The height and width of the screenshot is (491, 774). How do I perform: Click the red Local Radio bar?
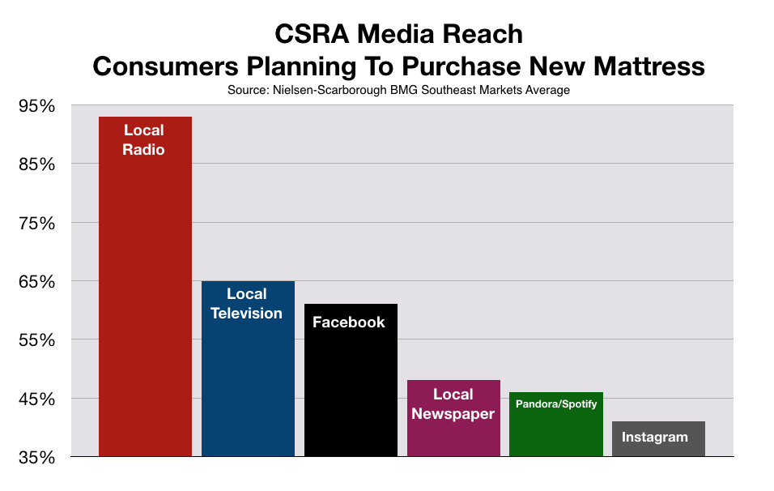click(x=145, y=287)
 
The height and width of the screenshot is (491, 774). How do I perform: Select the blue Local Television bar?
click(x=248, y=369)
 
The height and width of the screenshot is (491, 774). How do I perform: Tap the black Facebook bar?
click(x=351, y=380)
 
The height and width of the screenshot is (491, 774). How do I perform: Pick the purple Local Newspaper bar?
click(x=453, y=418)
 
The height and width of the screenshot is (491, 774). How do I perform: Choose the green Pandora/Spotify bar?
click(x=556, y=425)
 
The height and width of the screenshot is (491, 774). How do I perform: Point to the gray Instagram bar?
click(x=658, y=438)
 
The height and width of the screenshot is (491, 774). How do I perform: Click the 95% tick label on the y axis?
click(x=37, y=105)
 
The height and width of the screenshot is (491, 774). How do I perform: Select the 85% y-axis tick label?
click(x=37, y=164)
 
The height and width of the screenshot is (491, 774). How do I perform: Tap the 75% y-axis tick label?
click(x=37, y=224)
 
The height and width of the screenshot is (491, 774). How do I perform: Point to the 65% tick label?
click(x=37, y=282)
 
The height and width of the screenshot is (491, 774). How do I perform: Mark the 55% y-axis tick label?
click(x=37, y=339)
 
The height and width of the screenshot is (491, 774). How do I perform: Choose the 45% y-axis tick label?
click(x=37, y=399)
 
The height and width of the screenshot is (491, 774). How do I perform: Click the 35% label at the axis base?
click(x=37, y=458)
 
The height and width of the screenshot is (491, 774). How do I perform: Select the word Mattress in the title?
click(x=649, y=66)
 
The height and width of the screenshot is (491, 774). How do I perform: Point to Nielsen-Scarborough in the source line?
click(x=330, y=91)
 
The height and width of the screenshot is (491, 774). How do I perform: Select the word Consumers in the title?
click(x=166, y=66)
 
